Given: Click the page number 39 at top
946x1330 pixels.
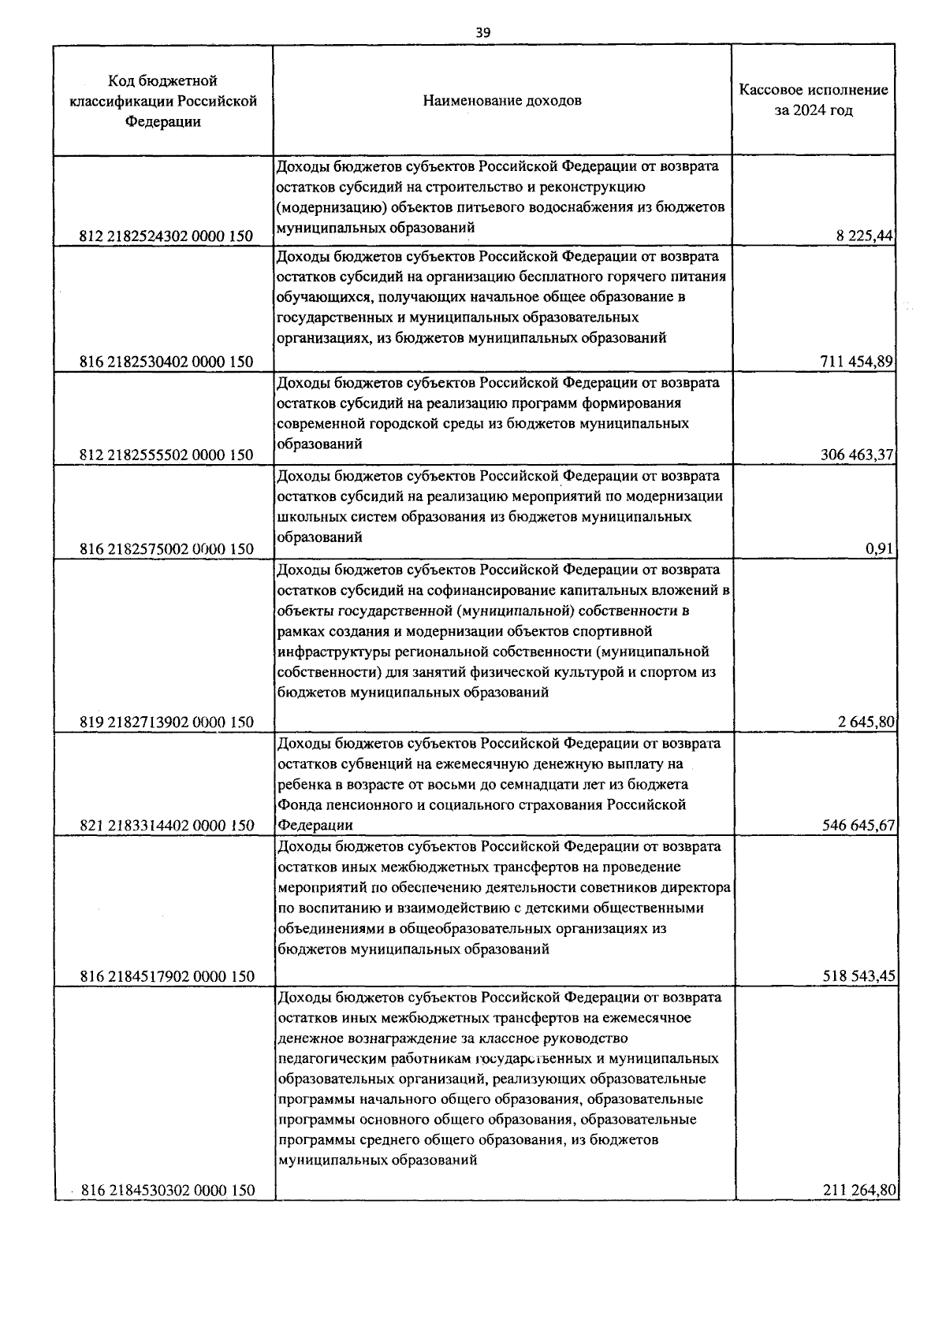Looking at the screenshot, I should click(x=483, y=32).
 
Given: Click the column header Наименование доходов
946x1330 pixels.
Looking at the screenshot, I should click(x=502, y=101).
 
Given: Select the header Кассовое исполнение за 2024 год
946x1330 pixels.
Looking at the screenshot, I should click(x=813, y=100).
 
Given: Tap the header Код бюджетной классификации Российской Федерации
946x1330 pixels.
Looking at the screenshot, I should click(x=164, y=101).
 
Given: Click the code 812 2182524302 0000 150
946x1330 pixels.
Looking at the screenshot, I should click(x=166, y=236).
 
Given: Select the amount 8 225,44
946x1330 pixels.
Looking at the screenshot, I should click(x=864, y=236).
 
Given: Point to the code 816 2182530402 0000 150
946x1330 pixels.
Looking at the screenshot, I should click(x=166, y=362).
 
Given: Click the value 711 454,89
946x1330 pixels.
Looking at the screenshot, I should click(x=856, y=362).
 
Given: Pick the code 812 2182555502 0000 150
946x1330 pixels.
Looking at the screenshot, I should click(x=166, y=455).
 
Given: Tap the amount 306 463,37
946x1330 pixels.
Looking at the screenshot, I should click(x=856, y=455).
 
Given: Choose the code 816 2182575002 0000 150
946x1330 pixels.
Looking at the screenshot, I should click(x=166, y=549).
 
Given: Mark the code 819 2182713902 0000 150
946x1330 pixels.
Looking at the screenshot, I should click(x=166, y=722).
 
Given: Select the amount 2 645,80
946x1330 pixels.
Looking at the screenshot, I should click(x=864, y=722).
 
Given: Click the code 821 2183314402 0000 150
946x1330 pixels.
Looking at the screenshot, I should click(x=166, y=825).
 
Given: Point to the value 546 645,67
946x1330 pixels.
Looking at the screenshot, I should click(x=856, y=825).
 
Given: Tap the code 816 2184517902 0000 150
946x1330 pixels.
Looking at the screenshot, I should click(x=166, y=976).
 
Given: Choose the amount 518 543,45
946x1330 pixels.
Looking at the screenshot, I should click(x=856, y=976).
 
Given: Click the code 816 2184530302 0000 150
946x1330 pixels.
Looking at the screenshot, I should click(x=168, y=1190).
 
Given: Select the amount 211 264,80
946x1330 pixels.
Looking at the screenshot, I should click(x=858, y=1190).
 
